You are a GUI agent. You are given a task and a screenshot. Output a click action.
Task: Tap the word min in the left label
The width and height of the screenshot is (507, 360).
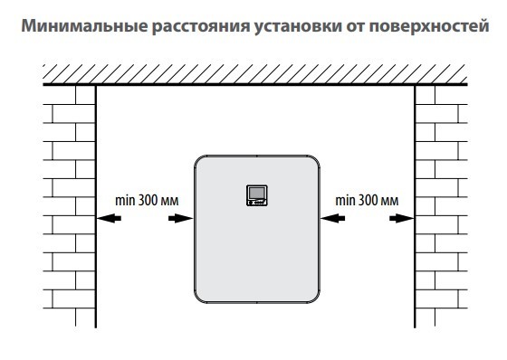coord(124,199)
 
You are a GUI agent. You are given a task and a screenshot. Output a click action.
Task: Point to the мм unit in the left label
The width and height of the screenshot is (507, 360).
coord(171,199)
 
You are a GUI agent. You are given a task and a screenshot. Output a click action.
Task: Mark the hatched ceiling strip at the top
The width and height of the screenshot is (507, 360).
coord(253,72)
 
